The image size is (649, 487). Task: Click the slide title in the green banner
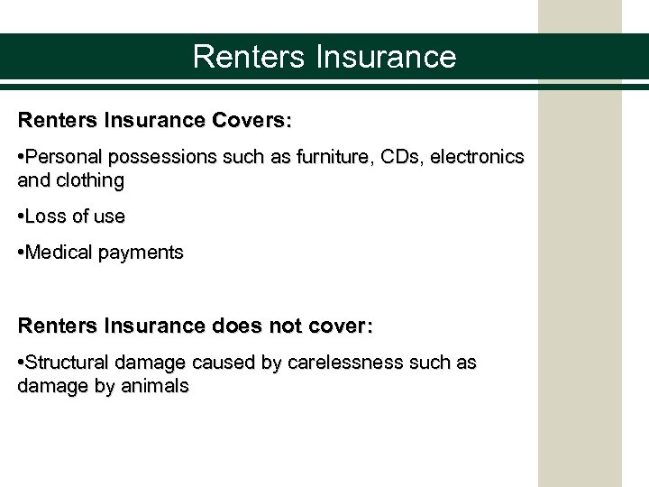click(324, 57)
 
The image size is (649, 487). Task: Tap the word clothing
click(87, 180)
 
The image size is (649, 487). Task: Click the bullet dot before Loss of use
click(21, 217)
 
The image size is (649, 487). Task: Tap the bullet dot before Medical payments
click(21, 253)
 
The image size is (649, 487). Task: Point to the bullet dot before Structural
click(21, 363)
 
